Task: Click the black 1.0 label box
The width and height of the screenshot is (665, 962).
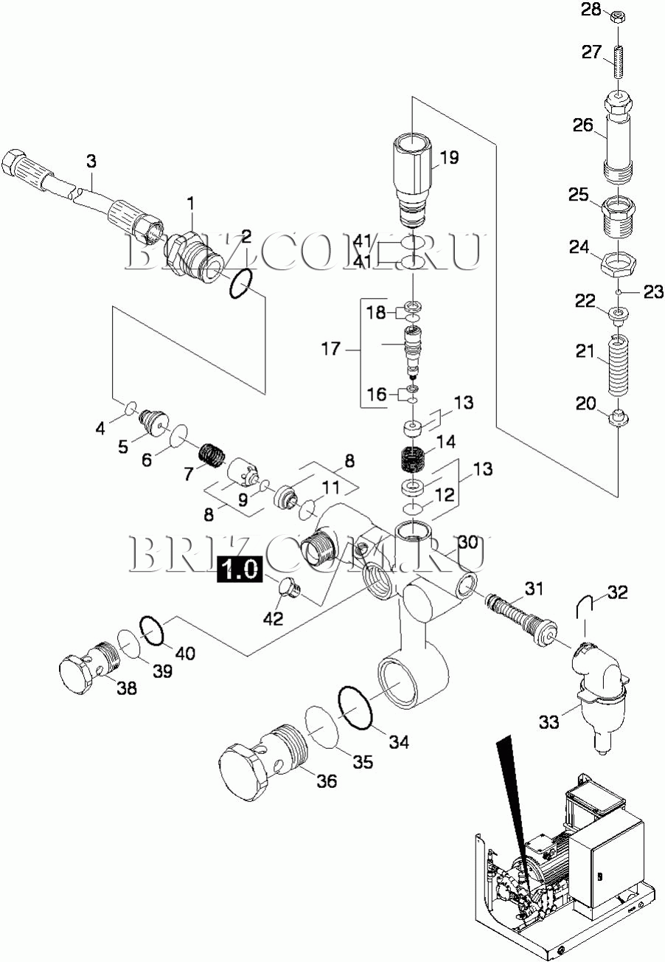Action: [x=239, y=570]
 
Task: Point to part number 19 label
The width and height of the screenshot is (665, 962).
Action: [x=449, y=157]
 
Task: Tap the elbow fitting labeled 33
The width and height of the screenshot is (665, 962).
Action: [x=600, y=686]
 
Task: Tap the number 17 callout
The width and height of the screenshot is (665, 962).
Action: [x=332, y=349]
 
